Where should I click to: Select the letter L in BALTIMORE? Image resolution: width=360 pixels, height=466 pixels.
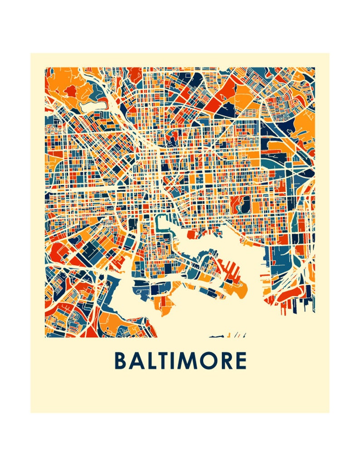pos(151,361)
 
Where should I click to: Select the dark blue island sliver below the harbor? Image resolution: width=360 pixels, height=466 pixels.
pos(218,336)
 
